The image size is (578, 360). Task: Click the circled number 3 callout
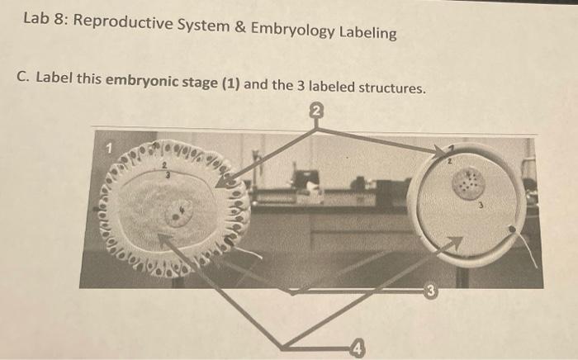(x=429, y=291)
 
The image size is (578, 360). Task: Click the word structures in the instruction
(x=389, y=88)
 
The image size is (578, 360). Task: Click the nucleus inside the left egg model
(x=178, y=215)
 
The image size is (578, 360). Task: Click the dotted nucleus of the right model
(x=471, y=182)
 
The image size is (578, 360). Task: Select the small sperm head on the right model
(x=514, y=228)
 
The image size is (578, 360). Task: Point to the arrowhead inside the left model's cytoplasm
(x=163, y=239)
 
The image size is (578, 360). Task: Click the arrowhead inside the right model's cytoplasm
(x=455, y=241)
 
